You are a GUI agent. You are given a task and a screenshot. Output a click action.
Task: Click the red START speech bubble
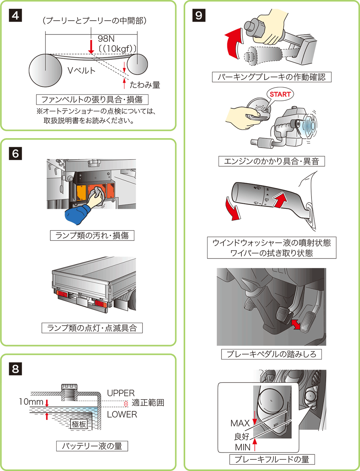point(280,94)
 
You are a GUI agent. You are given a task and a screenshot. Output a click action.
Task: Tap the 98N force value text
point(106,39)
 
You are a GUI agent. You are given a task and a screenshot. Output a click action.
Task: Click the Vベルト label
point(81,70)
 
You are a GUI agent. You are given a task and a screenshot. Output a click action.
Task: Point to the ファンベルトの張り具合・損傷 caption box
point(92,99)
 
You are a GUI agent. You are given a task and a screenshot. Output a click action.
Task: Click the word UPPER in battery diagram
point(121,393)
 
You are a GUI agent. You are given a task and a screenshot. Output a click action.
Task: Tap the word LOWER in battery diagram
point(122,414)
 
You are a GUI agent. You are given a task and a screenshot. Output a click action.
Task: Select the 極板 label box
point(79,424)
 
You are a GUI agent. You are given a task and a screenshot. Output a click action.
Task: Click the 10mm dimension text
point(31,402)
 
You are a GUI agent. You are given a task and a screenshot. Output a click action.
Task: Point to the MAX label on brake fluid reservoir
point(240,423)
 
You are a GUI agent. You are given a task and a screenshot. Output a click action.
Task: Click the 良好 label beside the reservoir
point(242,436)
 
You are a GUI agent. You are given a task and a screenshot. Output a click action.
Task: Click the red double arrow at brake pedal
point(295,324)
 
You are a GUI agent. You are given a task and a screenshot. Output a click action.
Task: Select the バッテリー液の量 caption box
point(92,446)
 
